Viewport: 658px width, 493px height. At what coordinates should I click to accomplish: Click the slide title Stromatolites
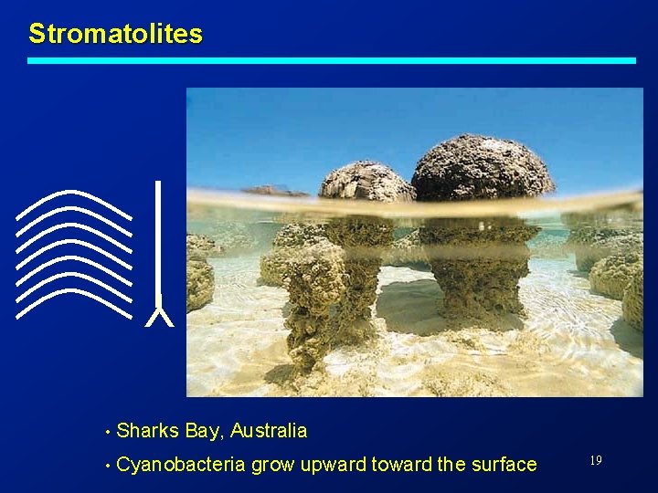[x=115, y=35]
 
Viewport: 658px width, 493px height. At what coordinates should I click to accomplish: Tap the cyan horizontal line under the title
[x=331, y=60]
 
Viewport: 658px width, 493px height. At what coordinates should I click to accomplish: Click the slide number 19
[x=595, y=461]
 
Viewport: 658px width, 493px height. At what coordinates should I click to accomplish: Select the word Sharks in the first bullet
[x=148, y=430]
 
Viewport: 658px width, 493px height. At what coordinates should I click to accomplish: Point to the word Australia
[x=269, y=430]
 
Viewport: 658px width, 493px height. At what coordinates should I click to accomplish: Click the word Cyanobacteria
[x=181, y=465]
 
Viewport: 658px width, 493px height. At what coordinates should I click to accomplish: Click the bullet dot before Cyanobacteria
[x=108, y=466]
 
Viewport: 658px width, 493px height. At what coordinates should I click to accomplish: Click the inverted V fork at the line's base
[x=159, y=317]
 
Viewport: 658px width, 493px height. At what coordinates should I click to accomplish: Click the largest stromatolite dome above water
[x=482, y=169]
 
